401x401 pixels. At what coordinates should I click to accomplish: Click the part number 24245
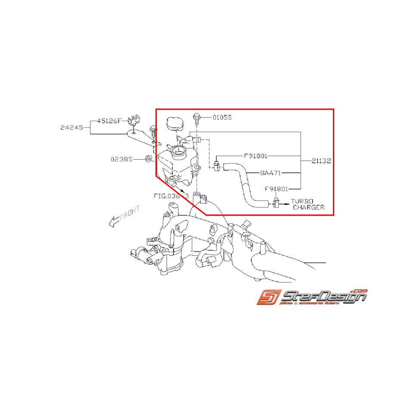[72, 127]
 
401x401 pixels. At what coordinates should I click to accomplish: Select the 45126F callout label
[109, 121]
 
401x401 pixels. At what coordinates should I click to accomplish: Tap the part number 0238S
[122, 159]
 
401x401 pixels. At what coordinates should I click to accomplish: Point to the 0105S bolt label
[222, 117]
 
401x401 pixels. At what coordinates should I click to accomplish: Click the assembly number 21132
[321, 161]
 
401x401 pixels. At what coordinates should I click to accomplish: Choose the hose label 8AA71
[270, 173]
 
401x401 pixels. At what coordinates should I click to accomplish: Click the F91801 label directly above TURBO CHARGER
[276, 188]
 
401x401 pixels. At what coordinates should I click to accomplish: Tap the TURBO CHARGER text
[308, 204]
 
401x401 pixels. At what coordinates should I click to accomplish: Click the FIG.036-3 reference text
[171, 196]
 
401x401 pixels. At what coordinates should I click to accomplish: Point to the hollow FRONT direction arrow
[124, 216]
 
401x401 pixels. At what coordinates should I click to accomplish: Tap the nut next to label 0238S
[148, 159]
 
